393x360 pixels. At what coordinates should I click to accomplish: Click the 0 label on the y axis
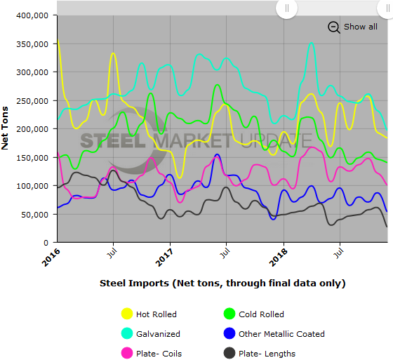46,243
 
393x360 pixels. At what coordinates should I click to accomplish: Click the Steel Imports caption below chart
222,284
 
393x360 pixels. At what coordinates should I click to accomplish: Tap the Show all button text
360,27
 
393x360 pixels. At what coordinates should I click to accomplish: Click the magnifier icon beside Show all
334,27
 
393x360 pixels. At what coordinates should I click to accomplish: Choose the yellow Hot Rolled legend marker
128,314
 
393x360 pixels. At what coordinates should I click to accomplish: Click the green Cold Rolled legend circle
226,314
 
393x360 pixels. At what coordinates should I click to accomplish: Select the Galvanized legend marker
128,334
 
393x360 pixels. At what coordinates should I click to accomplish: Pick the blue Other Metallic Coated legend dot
226,334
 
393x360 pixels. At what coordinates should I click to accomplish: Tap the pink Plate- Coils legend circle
128,353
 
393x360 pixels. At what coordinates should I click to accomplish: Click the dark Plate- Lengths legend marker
226,353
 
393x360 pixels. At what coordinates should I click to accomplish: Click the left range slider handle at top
286,8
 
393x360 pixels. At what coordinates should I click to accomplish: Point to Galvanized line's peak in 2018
312,44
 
